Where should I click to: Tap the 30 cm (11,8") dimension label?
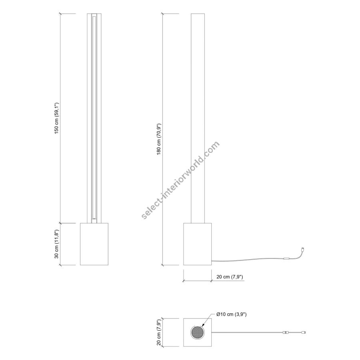click(x=57, y=244)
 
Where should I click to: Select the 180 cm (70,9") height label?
click(x=159, y=139)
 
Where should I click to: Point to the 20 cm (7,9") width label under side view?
click(x=230, y=277)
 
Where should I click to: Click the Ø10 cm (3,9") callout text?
click(x=232, y=314)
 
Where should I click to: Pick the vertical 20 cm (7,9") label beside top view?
click(x=159, y=332)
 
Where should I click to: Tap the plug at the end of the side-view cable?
click(x=303, y=249)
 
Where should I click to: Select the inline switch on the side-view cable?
click(x=286, y=258)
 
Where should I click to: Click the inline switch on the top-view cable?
click(x=286, y=332)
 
